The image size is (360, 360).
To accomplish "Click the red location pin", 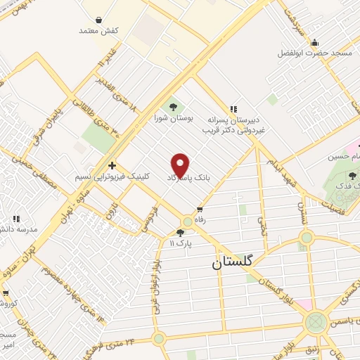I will [181, 165].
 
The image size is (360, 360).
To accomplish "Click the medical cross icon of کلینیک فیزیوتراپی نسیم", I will [111, 165].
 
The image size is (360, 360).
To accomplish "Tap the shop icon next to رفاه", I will [200, 209].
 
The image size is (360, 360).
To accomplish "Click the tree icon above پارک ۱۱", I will [181, 232].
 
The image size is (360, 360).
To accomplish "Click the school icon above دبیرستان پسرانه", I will [233, 108].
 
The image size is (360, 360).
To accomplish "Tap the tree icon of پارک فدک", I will [351, 176].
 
